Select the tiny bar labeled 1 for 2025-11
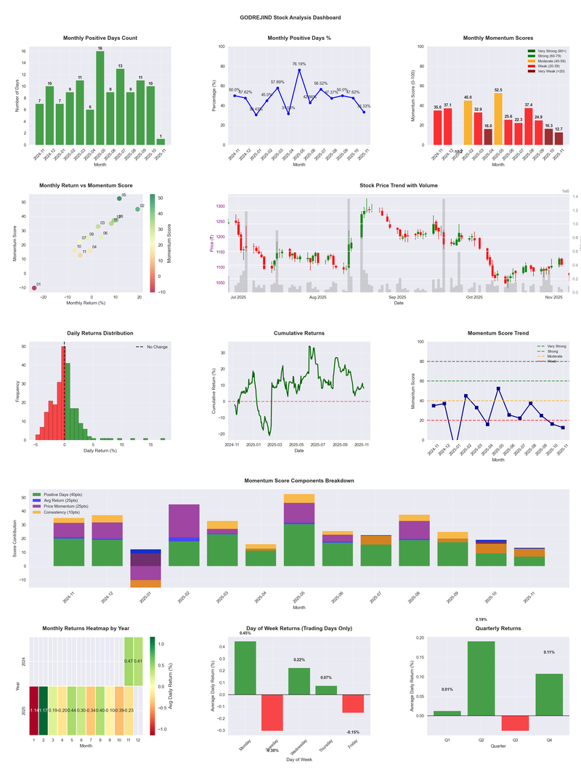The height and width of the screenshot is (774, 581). [161, 142]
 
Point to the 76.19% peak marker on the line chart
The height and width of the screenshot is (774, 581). [298, 70]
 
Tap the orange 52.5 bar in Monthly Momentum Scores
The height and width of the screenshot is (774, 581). [497, 119]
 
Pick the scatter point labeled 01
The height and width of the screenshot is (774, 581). [34, 288]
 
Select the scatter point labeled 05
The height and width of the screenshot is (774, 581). [119, 198]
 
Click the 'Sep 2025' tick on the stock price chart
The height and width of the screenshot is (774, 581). [397, 297]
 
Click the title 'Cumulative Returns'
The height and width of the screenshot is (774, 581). [299, 333]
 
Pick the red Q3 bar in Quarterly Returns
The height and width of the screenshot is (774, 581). [515, 723]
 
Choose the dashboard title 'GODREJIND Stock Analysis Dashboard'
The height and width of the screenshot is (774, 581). [290, 17]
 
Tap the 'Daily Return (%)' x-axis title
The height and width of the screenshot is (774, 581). [100, 452]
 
